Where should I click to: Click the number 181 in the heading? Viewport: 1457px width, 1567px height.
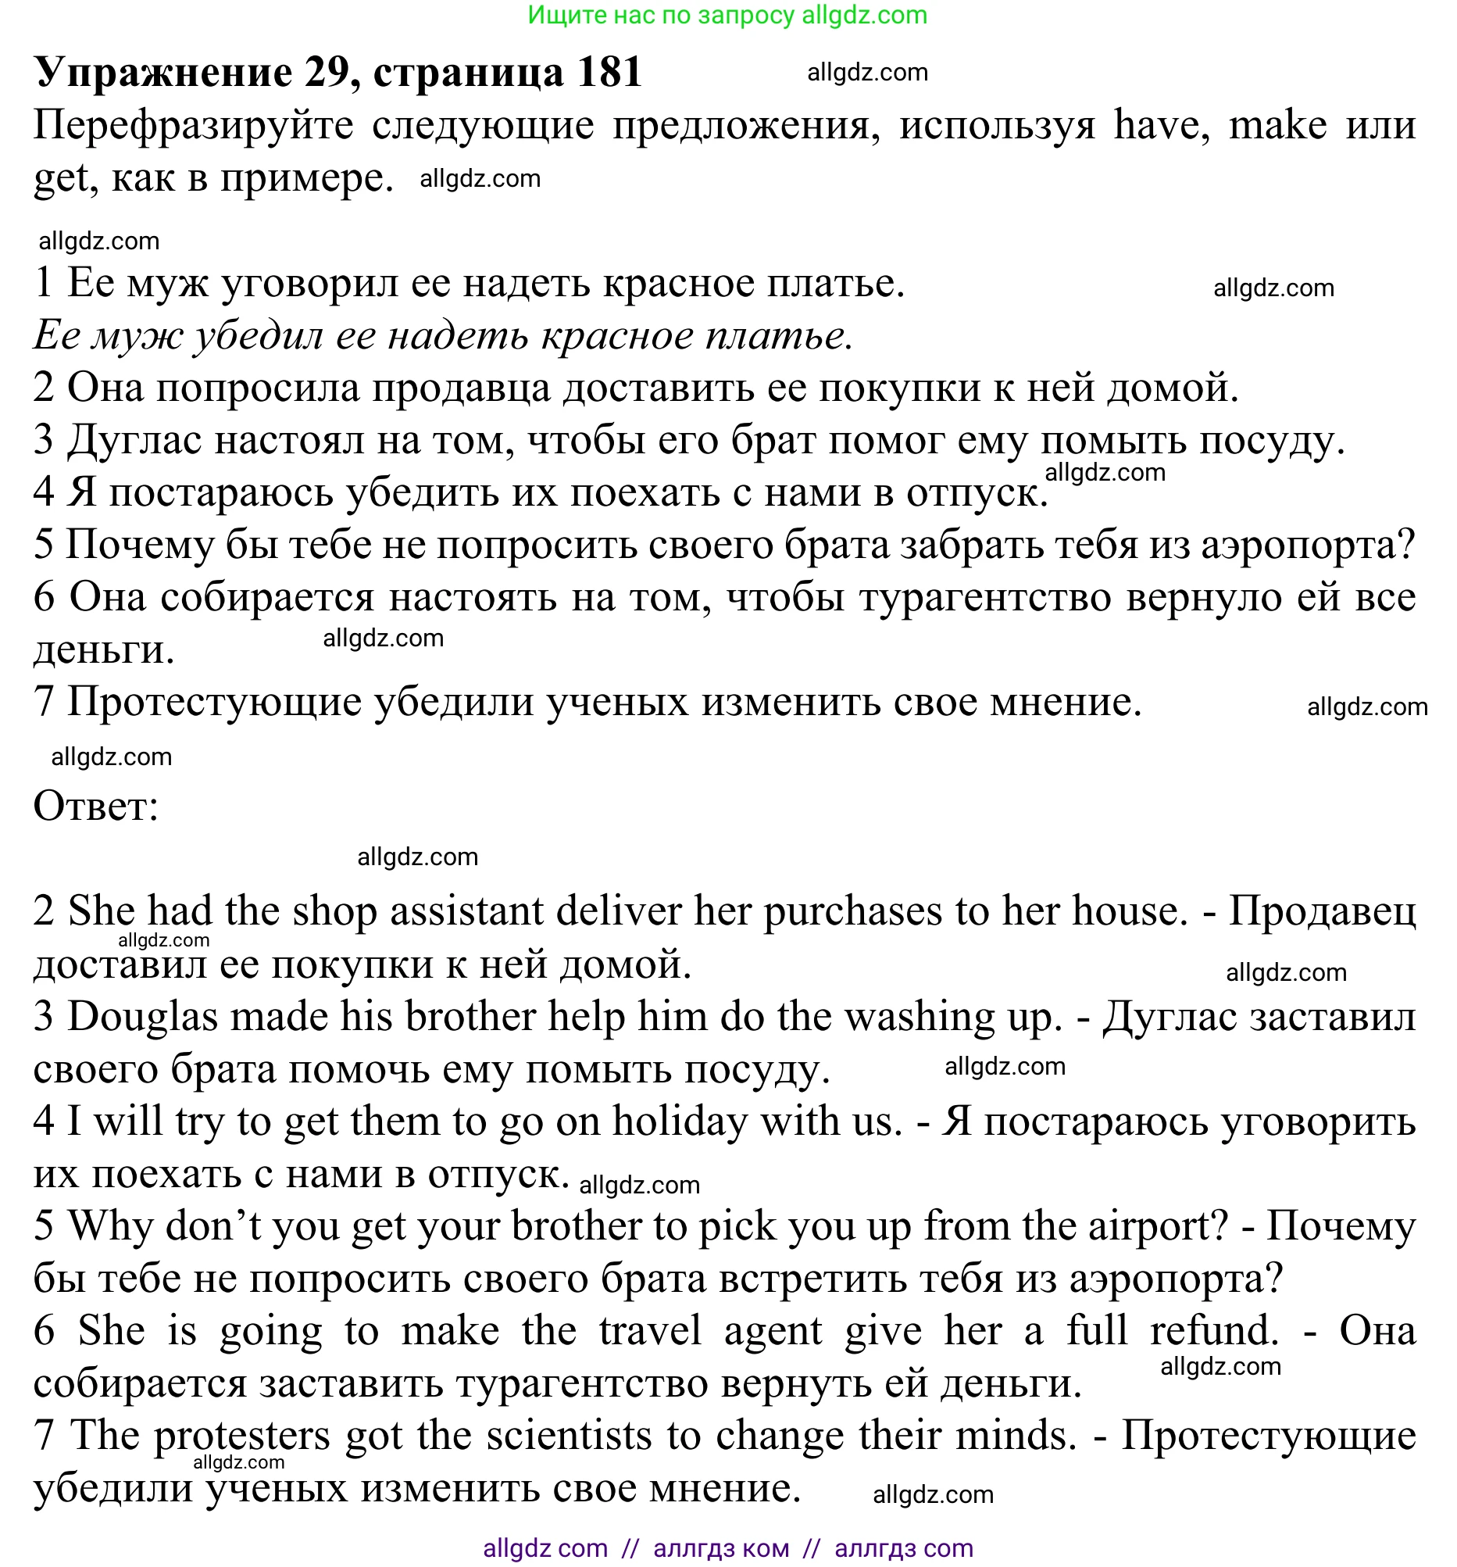609,73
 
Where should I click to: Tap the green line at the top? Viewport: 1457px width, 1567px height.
727,15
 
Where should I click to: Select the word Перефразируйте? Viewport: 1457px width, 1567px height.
193,125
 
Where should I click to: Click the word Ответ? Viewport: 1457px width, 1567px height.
96,806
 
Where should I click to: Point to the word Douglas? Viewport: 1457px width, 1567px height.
142,1016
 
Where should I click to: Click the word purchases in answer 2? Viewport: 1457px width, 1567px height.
852,912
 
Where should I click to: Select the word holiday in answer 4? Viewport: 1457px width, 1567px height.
679,1122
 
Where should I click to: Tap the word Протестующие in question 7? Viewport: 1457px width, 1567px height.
213,702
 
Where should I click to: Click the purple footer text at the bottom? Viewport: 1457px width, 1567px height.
727,1547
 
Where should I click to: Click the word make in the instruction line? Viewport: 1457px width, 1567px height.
1277,125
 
